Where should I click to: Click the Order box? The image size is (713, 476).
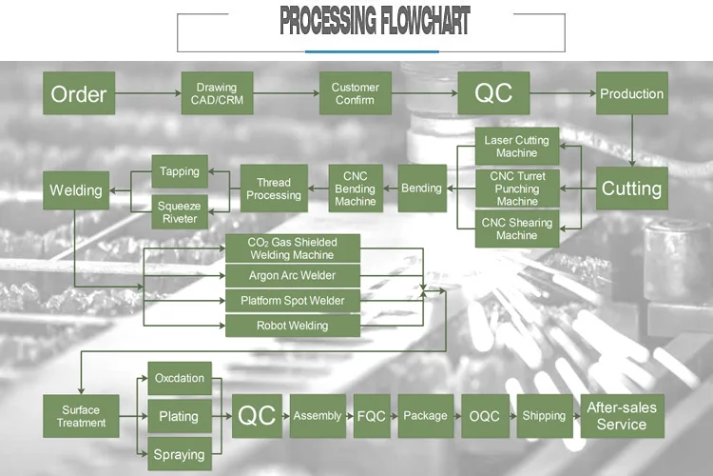(x=79, y=94)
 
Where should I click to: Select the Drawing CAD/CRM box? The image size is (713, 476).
(x=217, y=93)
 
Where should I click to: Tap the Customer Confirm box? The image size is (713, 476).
(x=355, y=93)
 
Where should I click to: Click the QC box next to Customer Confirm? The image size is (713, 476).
(x=493, y=93)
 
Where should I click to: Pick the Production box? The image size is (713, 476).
(x=631, y=93)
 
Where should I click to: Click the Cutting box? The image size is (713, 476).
(x=631, y=188)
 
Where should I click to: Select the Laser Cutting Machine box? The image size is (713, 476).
(x=516, y=147)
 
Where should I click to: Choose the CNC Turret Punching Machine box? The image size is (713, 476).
(x=516, y=188)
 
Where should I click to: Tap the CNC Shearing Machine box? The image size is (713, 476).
(x=516, y=229)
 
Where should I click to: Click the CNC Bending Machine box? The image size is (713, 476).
(x=356, y=188)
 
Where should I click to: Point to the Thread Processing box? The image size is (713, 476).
(x=274, y=188)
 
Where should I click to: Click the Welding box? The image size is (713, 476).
(x=76, y=190)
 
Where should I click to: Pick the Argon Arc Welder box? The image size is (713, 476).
(x=292, y=276)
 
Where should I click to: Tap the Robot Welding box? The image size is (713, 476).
(x=292, y=326)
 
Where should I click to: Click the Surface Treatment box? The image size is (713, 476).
(x=81, y=416)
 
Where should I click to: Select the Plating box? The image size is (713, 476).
(x=179, y=416)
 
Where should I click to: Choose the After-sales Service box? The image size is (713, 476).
(x=622, y=416)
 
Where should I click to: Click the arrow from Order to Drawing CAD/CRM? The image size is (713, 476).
(x=147, y=93)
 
